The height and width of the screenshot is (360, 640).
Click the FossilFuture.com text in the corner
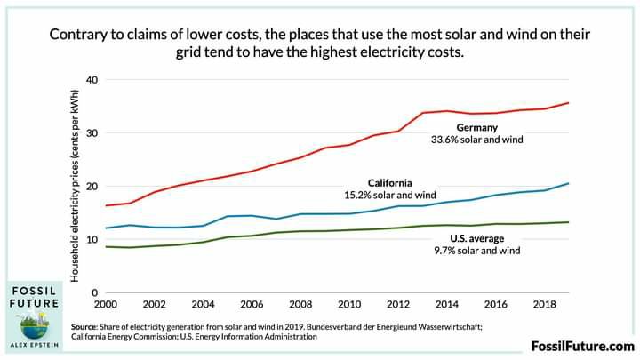tap(582, 346)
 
